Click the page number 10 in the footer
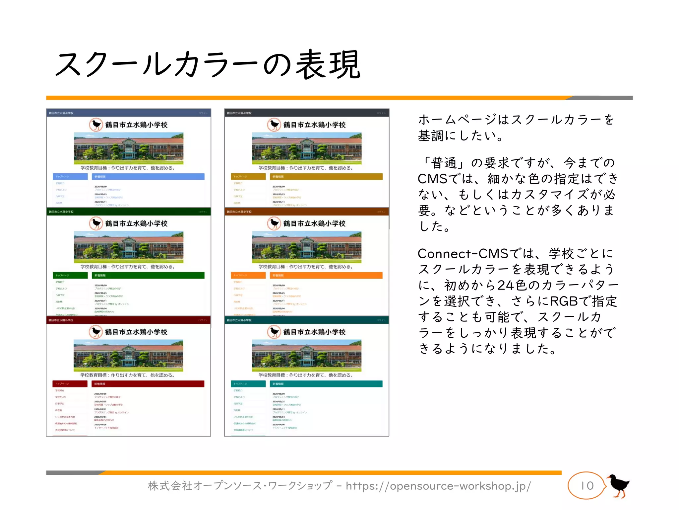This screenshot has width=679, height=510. (x=587, y=486)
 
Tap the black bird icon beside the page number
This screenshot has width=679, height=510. (x=618, y=485)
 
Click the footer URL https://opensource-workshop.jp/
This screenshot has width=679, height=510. (x=438, y=486)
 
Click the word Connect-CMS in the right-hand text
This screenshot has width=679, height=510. (x=463, y=254)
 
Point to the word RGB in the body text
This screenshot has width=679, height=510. (x=564, y=301)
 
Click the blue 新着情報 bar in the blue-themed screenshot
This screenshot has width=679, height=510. (x=148, y=177)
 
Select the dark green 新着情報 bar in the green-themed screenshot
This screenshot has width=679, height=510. (x=148, y=275)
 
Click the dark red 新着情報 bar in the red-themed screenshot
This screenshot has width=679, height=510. (x=148, y=384)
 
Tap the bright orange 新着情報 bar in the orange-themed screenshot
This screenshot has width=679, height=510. (x=326, y=275)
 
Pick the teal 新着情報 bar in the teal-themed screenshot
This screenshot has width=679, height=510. (x=326, y=384)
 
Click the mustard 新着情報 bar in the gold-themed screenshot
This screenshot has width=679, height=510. (x=326, y=177)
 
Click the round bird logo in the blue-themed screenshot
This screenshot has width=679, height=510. (x=96, y=125)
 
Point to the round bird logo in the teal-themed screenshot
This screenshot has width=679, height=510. (x=274, y=332)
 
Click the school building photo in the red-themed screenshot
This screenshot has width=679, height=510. (x=128, y=356)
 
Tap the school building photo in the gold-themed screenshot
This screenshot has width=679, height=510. (x=307, y=148)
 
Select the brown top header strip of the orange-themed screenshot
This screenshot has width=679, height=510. (x=307, y=212)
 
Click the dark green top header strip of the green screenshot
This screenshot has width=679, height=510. (x=128, y=212)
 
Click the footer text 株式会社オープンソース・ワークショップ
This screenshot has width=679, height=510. (x=239, y=486)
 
